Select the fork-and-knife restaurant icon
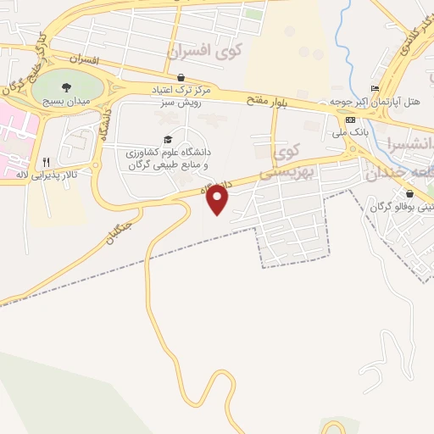[x=47, y=162]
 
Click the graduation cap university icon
[x=167, y=140]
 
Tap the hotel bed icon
[x=374, y=89]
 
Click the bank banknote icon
[x=349, y=120]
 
